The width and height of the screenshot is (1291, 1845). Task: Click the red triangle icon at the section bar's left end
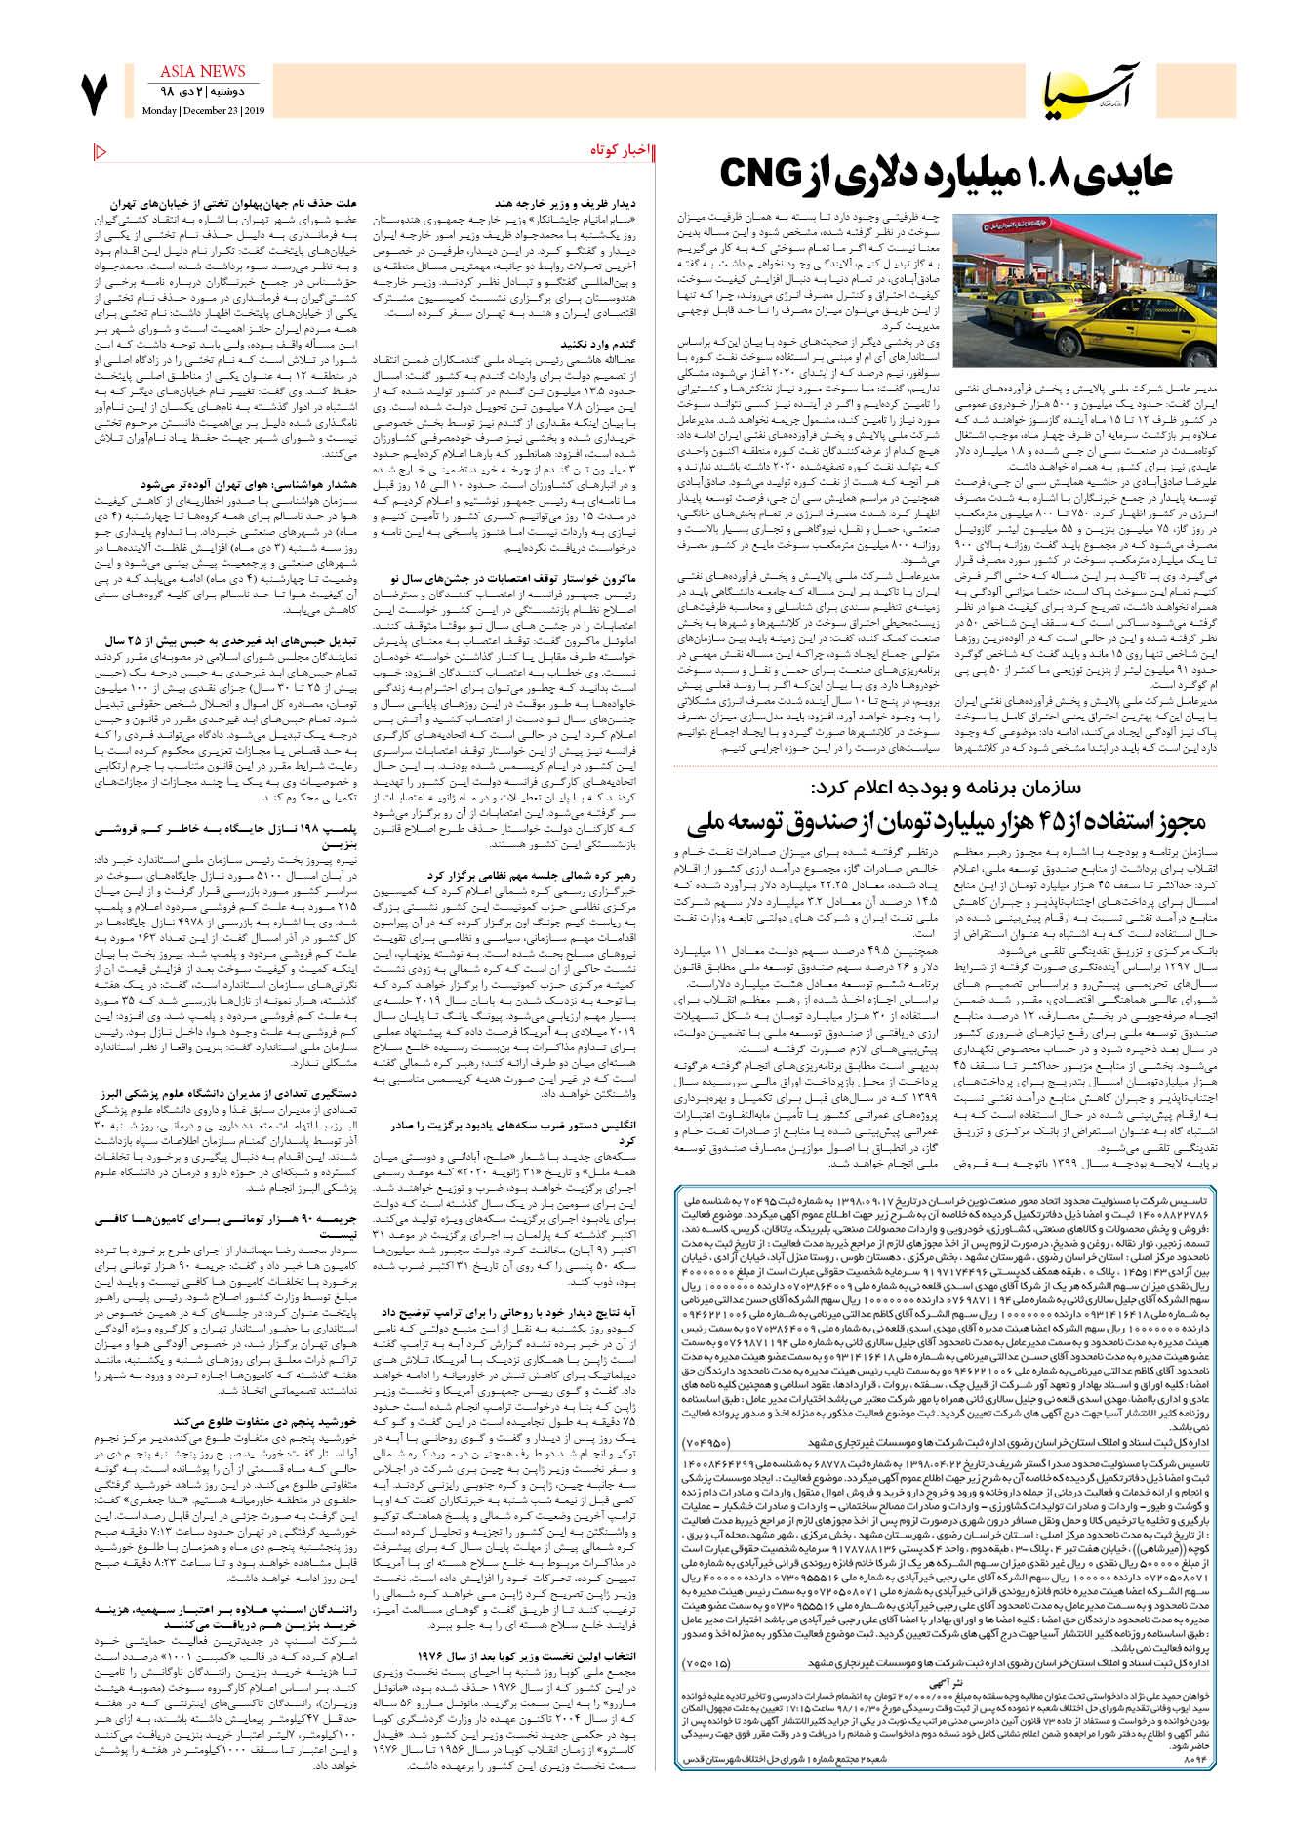click(101, 150)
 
